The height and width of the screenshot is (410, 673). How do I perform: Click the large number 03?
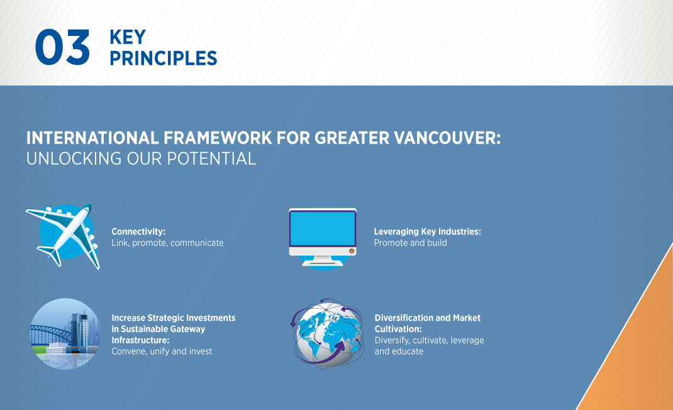point(62,47)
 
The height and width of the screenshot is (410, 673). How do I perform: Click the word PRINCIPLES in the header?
point(163,59)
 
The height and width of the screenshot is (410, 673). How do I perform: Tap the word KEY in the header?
point(128,37)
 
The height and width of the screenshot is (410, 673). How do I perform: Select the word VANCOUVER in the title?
point(447,138)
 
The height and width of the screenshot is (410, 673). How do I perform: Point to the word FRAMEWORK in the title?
point(218,138)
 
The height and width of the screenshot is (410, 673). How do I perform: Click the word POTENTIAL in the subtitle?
point(211,159)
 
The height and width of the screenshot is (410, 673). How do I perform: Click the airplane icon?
point(63,236)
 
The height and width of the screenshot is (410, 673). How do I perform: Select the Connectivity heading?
point(138,232)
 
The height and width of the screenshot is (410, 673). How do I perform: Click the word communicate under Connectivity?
point(197,243)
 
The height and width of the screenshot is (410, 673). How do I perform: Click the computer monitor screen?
point(322,228)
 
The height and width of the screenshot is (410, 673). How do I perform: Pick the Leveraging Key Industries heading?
point(428,232)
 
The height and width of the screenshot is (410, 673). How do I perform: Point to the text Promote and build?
point(410,243)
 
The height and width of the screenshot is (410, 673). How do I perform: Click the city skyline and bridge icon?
point(65,334)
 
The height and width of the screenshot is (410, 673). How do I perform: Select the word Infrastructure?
point(140,340)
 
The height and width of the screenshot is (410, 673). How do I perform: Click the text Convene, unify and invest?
point(162,351)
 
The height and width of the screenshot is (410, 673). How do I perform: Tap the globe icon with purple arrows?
point(328,333)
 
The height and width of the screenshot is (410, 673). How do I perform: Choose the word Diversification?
point(403,318)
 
